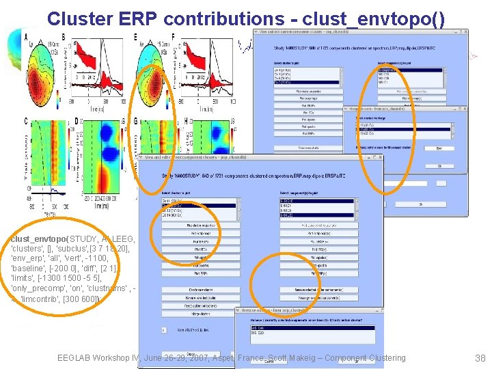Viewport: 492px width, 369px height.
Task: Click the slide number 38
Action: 479,358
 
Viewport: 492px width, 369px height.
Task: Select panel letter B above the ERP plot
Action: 64,37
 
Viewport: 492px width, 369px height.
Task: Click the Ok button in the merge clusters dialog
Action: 440,148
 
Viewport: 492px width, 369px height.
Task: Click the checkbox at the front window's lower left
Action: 163,329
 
